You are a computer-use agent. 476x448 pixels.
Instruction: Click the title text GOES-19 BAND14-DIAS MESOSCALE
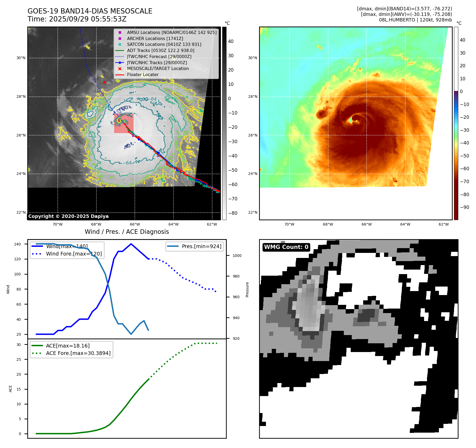click(90, 11)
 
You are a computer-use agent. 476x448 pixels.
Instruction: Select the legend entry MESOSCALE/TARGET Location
click(158, 68)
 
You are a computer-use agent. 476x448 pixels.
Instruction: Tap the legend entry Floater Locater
click(143, 74)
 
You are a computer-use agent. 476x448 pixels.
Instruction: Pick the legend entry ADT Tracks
click(161, 50)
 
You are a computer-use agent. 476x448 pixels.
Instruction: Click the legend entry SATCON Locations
click(164, 44)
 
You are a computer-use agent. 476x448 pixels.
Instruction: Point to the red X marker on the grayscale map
click(105, 82)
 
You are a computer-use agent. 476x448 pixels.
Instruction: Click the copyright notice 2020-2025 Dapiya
click(68, 216)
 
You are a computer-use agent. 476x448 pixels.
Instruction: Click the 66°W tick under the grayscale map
click(135, 224)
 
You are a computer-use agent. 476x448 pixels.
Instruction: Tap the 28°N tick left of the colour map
click(252, 96)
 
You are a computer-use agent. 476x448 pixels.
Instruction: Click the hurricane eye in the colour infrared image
click(351, 120)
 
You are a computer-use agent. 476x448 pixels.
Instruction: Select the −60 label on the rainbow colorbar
click(464, 169)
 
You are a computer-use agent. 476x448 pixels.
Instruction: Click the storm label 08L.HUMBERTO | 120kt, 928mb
click(415, 20)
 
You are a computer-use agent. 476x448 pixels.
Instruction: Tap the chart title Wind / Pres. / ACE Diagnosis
click(127, 232)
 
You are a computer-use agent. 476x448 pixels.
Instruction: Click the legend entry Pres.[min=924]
click(201, 246)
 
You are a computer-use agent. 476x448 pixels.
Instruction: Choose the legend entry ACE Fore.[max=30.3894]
click(78, 353)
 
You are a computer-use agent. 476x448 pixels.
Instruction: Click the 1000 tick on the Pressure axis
click(237, 256)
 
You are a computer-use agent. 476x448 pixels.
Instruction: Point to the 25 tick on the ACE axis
click(19, 359)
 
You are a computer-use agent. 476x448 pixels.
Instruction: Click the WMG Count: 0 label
click(286, 247)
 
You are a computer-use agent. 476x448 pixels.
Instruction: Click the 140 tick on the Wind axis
click(17, 244)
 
